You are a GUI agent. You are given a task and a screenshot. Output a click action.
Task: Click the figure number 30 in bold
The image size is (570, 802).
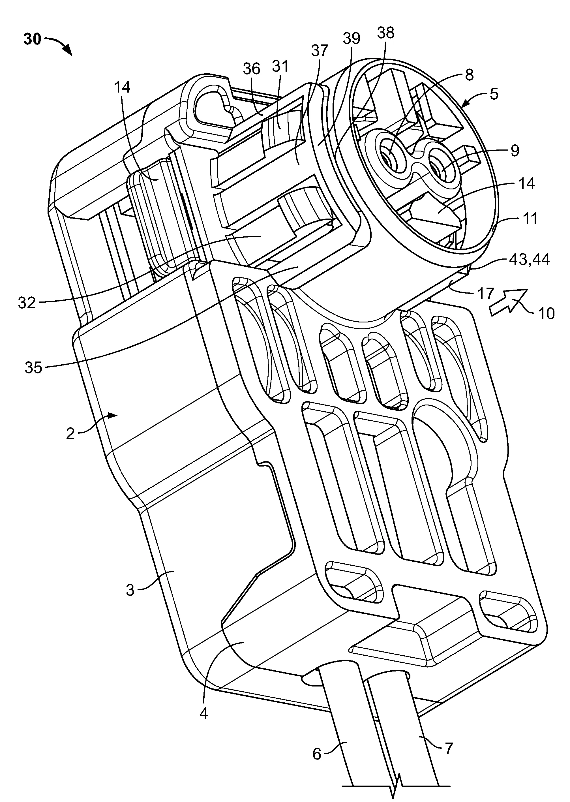pyautogui.click(x=33, y=39)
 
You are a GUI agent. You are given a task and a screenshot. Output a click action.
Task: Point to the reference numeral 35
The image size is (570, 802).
pyautogui.click(x=34, y=368)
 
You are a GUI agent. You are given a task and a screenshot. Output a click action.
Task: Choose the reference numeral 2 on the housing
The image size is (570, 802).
pyautogui.click(x=70, y=434)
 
